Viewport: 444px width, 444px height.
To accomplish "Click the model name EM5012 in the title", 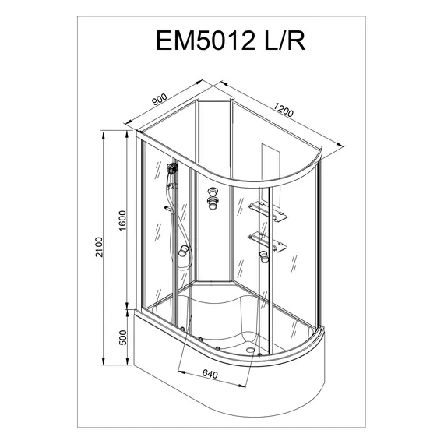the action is pos(206,41).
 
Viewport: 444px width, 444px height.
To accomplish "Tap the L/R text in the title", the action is pos(285,41).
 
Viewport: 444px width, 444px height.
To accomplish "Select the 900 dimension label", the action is pos(160,99).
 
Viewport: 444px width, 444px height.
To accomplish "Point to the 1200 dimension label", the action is pos(284,110).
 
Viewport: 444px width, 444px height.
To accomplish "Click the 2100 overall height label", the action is pos(99,247).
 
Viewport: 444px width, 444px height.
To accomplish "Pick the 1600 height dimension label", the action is pos(122,221).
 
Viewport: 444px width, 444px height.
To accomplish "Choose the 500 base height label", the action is pos(122,338).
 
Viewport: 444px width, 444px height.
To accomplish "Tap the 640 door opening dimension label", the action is pos(210,375).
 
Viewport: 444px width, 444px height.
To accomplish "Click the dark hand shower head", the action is pos(172,168).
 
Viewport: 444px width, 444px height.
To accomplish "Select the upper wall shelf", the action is pos(268,212).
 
